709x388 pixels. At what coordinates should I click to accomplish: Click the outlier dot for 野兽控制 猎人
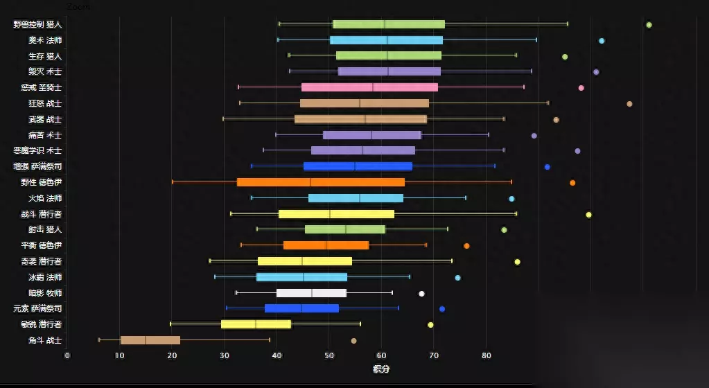(x=649, y=25)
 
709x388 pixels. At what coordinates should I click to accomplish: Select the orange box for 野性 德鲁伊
(x=320, y=182)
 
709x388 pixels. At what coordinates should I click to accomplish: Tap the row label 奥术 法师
(x=45, y=40)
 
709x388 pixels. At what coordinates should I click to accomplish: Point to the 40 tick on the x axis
(x=277, y=355)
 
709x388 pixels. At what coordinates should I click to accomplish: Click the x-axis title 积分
(x=381, y=369)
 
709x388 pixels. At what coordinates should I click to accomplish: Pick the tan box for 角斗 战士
(x=150, y=340)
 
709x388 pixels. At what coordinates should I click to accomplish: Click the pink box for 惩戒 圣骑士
(x=369, y=87)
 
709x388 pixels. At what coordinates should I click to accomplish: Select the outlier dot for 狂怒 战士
(x=629, y=104)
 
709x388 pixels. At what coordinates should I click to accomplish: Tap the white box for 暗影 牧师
(x=311, y=293)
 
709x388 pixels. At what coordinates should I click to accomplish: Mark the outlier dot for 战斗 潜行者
(x=588, y=215)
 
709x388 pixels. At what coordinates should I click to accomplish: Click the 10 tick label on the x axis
(x=119, y=355)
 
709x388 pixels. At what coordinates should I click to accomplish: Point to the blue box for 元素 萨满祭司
(x=301, y=308)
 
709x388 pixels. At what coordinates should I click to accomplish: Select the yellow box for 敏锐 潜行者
(x=256, y=324)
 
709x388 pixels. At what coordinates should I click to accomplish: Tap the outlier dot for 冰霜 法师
(x=457, y=278)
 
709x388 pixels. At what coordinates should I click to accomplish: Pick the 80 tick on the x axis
(x=486, y=355)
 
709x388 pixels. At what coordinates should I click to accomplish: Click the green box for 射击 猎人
(x=345, y=229)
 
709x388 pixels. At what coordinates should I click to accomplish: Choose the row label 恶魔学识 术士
(x=37, y=150)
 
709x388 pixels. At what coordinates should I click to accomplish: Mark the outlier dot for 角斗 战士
(x=353, y=341)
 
